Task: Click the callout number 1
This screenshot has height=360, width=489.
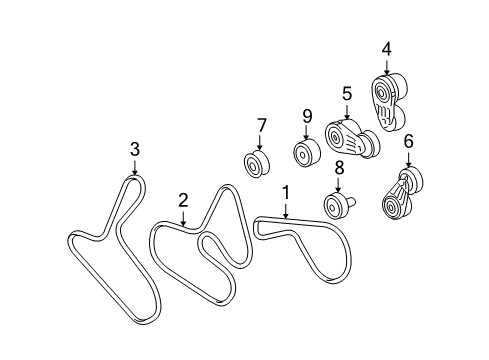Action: point(285,190)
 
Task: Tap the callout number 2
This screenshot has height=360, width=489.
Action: point(183,200)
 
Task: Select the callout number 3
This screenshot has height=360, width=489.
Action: point(134,149)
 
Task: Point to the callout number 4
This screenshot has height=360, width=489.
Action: point(386,47)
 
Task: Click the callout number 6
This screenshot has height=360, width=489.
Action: point(408,142)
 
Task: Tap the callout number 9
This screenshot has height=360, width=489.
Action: point(308,116)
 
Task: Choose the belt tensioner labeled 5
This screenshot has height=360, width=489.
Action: point(349,138)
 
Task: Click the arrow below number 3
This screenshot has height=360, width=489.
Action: point(134,166)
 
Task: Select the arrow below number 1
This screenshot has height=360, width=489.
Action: point(285,207)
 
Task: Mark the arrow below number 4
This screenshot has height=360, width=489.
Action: point(386,64)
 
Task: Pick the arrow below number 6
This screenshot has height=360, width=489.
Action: point(408,159)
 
